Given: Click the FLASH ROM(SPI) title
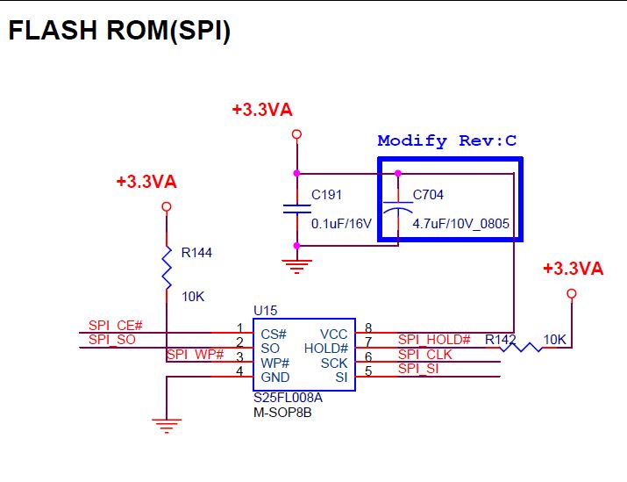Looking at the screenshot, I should coord(119,31).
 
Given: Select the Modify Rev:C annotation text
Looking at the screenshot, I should coord(447,140).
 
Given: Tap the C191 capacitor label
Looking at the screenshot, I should coord(327,195).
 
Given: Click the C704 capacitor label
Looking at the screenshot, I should coord(429,195).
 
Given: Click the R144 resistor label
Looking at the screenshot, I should coord(196,253).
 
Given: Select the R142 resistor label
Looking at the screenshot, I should coord(500,339).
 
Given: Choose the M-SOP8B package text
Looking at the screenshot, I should coord(281,412).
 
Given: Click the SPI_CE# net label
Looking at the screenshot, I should coord(115,326).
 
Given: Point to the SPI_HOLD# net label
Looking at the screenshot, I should coord(434,340).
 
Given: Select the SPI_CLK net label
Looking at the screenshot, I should coord(425,354).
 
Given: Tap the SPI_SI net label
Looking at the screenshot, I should coord(418,369).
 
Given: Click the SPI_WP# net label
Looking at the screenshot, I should coord(195,355).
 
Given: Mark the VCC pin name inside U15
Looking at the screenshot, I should coord(334,334).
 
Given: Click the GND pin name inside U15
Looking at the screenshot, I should coord(275,377).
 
